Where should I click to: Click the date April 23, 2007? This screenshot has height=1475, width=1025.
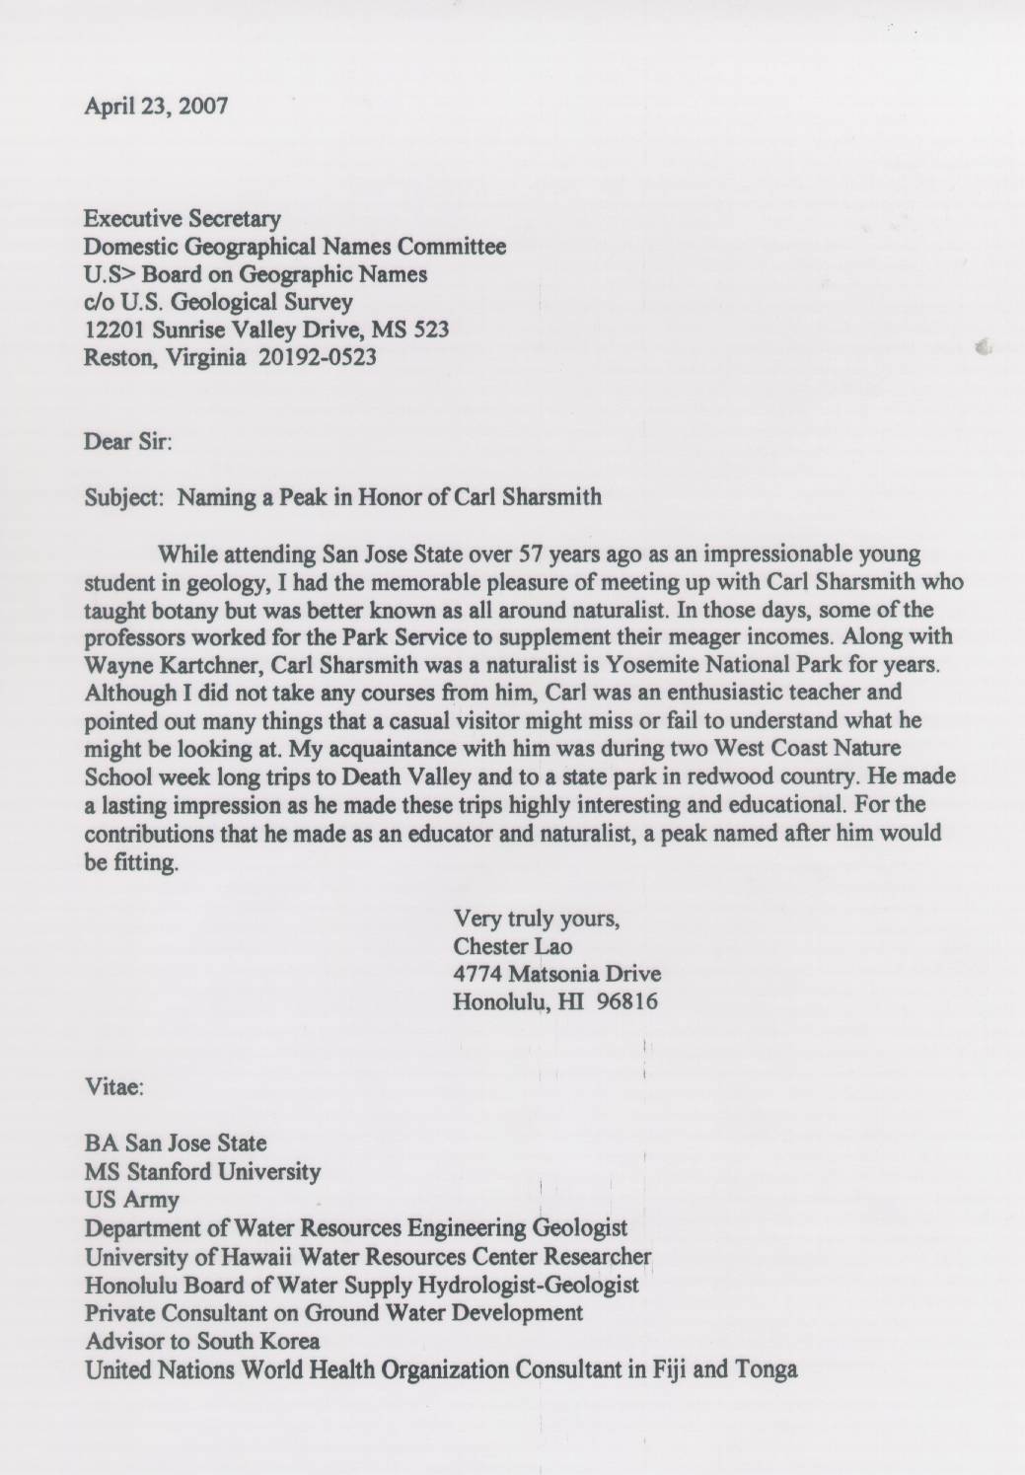pyautogui.click(x=156, y=106)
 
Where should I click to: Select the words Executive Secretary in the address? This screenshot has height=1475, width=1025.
pyautogui.click(x=183, y=218)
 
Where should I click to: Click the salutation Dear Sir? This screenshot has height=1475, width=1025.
pyautogui.click(x=128, y=442)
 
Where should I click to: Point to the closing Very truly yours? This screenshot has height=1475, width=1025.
pyautogui.click(x=536, y=920)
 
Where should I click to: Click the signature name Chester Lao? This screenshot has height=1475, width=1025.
pyautogui.click(x=512, y=946)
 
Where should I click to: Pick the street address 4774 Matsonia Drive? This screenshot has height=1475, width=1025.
pyautogui.click(x=556, y=974)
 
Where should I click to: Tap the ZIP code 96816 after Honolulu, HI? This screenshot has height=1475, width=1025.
pyautogui.click(x=627, y=1001)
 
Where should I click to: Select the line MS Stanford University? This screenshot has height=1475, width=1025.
pyautogui.click(x=202, y=1172)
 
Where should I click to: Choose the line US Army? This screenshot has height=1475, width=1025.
pyautogui.click(x=132, y=1201)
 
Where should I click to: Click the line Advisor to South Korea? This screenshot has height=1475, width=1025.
pyautogui.click(x=202, y=1341)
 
